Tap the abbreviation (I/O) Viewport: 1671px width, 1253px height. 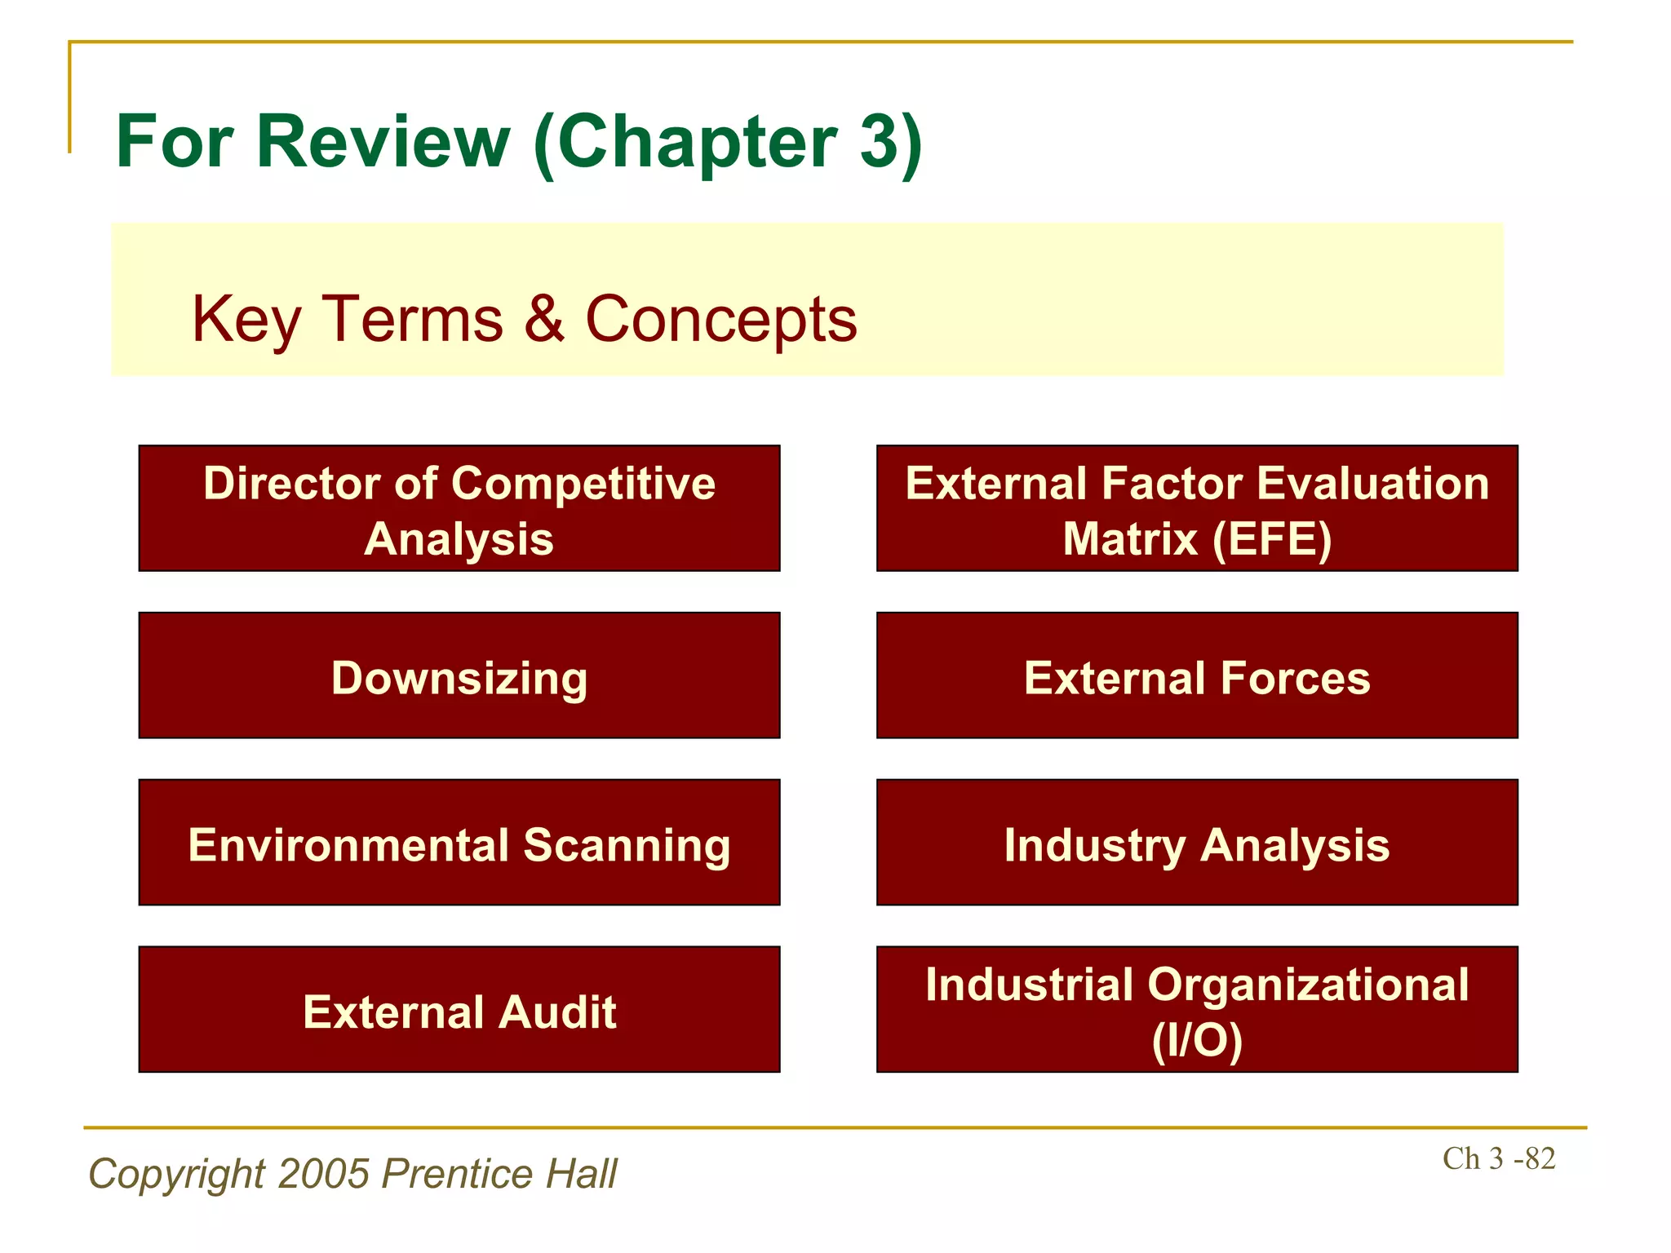tap(1197, 1040)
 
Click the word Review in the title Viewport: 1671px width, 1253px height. tap(383, 142)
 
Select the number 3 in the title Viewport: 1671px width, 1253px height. tap(879, 142)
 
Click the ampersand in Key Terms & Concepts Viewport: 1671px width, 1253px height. tap(544, 318)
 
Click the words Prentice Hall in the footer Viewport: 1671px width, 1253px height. tap(499, 1174)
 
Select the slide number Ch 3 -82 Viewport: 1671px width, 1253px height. tap(1499, 1158)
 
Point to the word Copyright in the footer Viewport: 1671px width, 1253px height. tap(177, 1174)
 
